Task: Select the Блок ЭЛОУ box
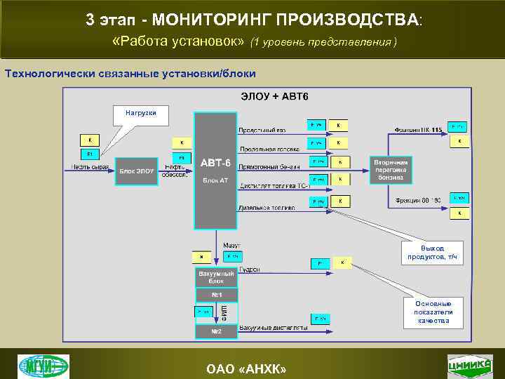[x=136, y=171]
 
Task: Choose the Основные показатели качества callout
[x=433, y=312]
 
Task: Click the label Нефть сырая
[x=90, y=167]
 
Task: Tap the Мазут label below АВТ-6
[x=231, y=246]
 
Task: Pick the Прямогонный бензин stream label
[x=269, y=167]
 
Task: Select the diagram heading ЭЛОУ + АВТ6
[x=274, y=95]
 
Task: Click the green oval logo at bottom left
[x=43, y=365]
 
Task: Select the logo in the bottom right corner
[x=470, y=365]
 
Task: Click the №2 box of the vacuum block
[x=217, y=331]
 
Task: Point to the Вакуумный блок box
[x=216, y=277]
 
